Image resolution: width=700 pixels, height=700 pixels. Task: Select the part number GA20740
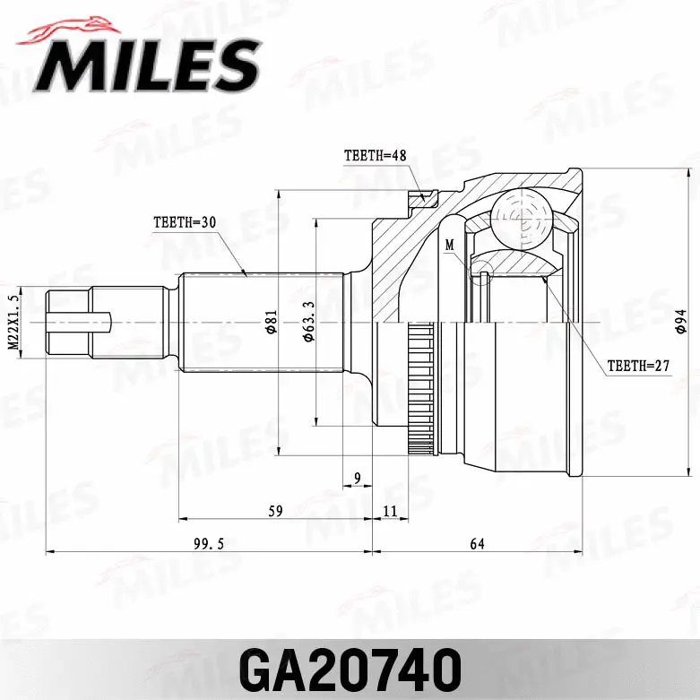350,669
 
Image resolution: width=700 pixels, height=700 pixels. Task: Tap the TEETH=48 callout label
375,155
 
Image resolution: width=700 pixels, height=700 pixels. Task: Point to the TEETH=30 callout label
186,221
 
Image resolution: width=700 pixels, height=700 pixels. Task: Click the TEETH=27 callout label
638,366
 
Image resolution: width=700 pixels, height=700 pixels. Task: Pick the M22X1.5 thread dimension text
13,323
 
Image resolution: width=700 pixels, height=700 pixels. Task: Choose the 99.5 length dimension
208,544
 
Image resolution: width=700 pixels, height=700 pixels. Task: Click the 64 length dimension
476,544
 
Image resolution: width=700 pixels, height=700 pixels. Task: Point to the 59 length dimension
275,511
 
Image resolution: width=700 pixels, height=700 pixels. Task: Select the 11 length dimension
389,511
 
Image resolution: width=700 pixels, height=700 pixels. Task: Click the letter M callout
449,245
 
